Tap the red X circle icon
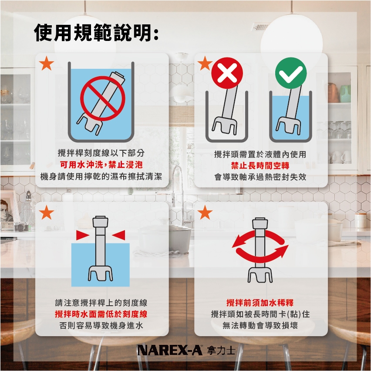click(x=227, y=73)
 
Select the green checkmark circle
click(x=291, y=73)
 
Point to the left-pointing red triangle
click(x=118, y=235)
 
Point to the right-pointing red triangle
click(x=83, y=235)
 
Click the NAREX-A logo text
click(x=170, y=350)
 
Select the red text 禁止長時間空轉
click(x=260, y=165)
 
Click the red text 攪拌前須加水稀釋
click(x=260, y=303)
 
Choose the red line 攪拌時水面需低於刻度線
click(x=101, y=314)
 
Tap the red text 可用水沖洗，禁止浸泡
click(x=101, y=165)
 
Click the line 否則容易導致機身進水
click(x=101, y=326)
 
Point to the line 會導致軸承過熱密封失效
click(x=260, y=177)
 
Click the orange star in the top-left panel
click(x=46, y=64)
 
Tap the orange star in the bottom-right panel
click(x=205, y=212)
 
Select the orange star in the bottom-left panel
click(x=46, y=212)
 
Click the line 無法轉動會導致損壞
click(x=260, y=326)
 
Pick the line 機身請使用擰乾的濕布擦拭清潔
click(x=101, y=176)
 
